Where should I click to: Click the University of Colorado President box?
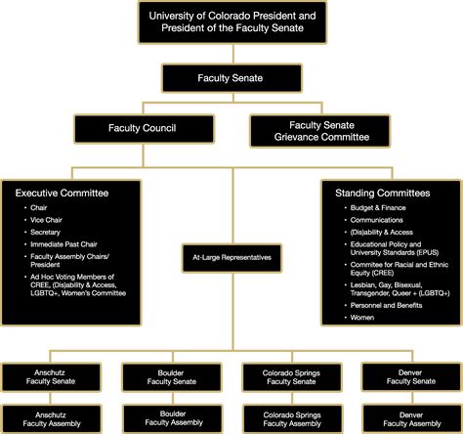(231, 22)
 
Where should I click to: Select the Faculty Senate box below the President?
(231, 77)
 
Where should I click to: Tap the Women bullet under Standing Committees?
(362, 318)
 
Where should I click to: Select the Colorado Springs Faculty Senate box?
(291, 375)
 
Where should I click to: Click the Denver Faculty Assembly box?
(410, 418)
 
